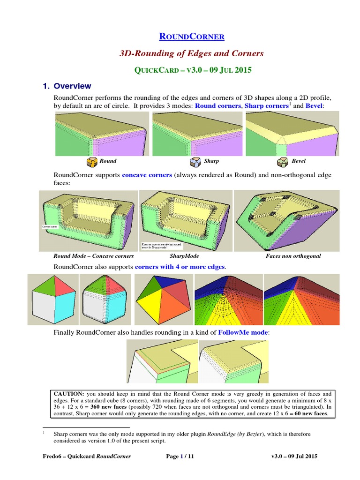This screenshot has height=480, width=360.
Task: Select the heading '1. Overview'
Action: click(67, 86)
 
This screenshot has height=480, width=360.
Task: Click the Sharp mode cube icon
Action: click(195, 162)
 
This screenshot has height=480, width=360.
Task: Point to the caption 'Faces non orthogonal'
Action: click(293, 256)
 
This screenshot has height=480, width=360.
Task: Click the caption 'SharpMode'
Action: click(184, 256)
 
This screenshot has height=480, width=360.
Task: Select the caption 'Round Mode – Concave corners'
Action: click(94, 256)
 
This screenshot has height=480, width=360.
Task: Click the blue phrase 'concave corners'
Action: click(147, 175)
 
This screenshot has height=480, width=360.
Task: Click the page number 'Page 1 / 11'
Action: click(180, 456)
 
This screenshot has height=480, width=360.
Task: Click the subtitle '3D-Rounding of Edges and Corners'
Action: click(192, 53)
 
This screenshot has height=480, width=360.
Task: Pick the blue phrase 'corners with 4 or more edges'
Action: click(180, 267)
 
